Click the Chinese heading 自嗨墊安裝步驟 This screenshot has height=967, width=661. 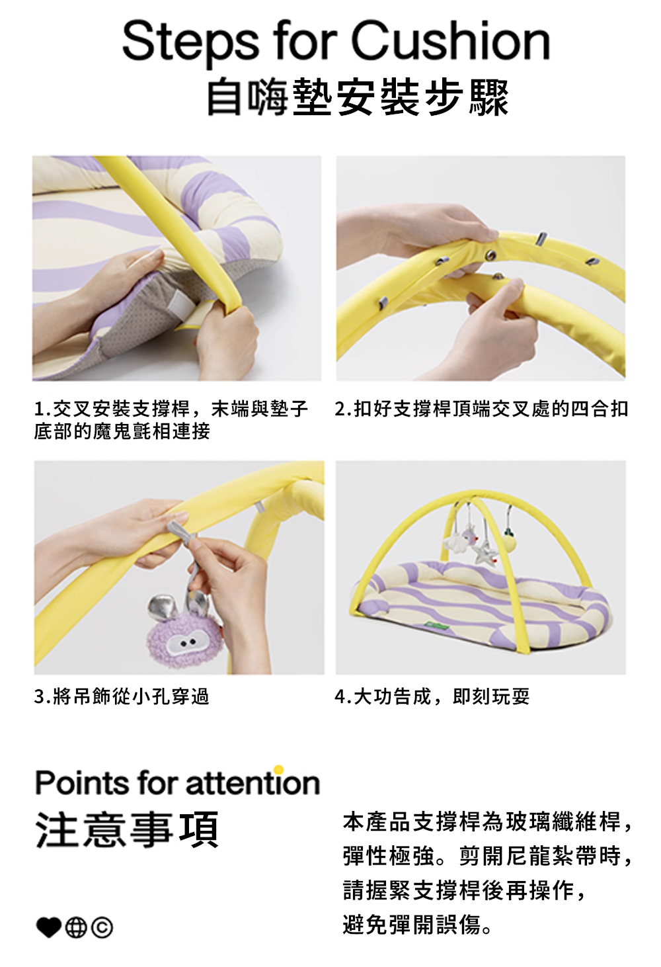[358, 97]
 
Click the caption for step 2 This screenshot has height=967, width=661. [481, 409]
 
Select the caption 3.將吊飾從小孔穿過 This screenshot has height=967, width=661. [122, 696]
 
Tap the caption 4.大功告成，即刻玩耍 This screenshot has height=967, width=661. [432, 696]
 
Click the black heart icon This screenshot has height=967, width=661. [48, 927]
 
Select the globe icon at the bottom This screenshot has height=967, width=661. [76, 927]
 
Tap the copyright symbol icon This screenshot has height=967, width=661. [102, 927]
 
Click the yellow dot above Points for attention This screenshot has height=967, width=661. [278, 769]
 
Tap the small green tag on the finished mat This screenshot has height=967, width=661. [439, 623]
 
